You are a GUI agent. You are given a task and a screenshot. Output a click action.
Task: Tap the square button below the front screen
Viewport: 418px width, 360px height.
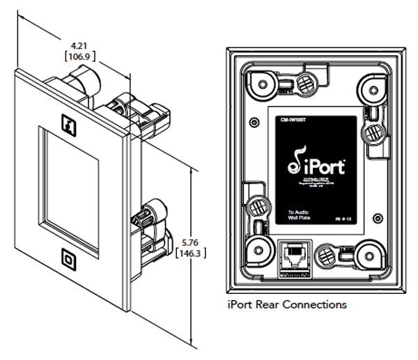(70, 258)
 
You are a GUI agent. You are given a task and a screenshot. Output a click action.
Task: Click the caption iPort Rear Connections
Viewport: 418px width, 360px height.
(287, 305)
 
